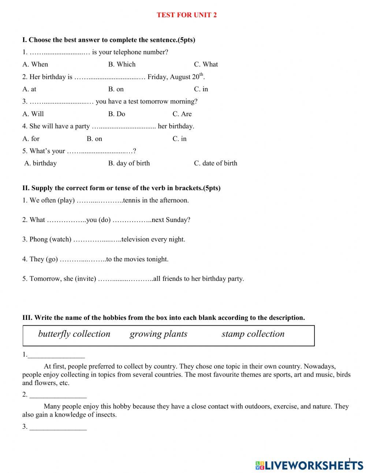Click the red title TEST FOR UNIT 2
(x=187, y=15)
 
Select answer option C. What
(x=206, y=64)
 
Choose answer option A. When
(x=35, y=64)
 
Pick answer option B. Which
(x=122, y=64)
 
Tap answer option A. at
(x=29, y=89)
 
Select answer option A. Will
(x=33, y=114)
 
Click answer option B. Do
(x=116, y=114)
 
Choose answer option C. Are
(x=182, y=114)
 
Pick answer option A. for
(x=31, y=139)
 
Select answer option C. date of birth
(x=215, y=163)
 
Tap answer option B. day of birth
(x=129, y=163)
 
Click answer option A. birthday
(x=41, y=163)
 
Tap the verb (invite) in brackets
(x=85, y=279)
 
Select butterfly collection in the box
(x=74, y=334)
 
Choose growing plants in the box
(x=158, y=334)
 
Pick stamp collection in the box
(x=253, y=334)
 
